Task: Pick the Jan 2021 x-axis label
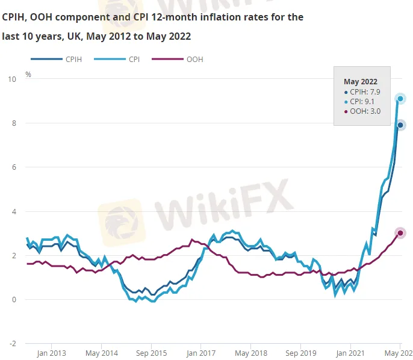pyautogui.click(x=351, y=353)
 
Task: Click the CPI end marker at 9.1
pyautogui.click(x=400, y=99)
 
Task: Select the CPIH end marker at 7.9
pyautogui.click(x=400, y=125)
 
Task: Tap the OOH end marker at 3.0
pyautogui.click(x=400, y=233)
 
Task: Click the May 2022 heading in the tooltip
pyautogui.click(x=360, y=81)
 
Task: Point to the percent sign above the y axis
pyautogui.click(x=28, y=75)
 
